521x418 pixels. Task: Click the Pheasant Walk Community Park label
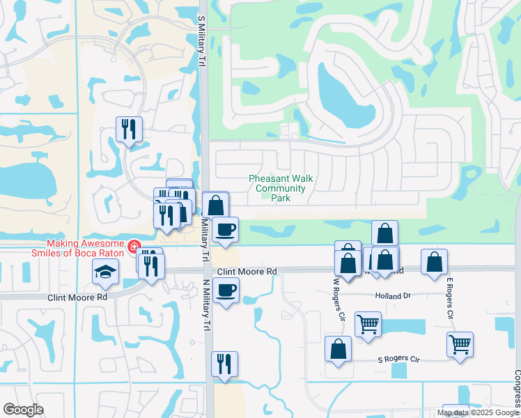coord(281,188)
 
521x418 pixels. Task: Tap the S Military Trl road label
coord(203,42)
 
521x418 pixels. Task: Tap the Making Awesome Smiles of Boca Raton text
coord(85,249)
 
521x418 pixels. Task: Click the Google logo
coord(23,410)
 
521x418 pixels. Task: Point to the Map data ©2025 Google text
coord(478,412)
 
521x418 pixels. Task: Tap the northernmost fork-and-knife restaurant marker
coord(129,129)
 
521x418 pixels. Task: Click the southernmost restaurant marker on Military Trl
coord(224,364)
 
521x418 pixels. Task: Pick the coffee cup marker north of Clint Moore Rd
coord(224,230)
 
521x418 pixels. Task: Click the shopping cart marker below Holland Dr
coord(368,324)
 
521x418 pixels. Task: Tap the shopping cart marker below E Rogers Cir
coord(460,344)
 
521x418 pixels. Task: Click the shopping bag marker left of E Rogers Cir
coord(434,263)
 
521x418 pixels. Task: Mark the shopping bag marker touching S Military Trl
coord(215,205)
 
